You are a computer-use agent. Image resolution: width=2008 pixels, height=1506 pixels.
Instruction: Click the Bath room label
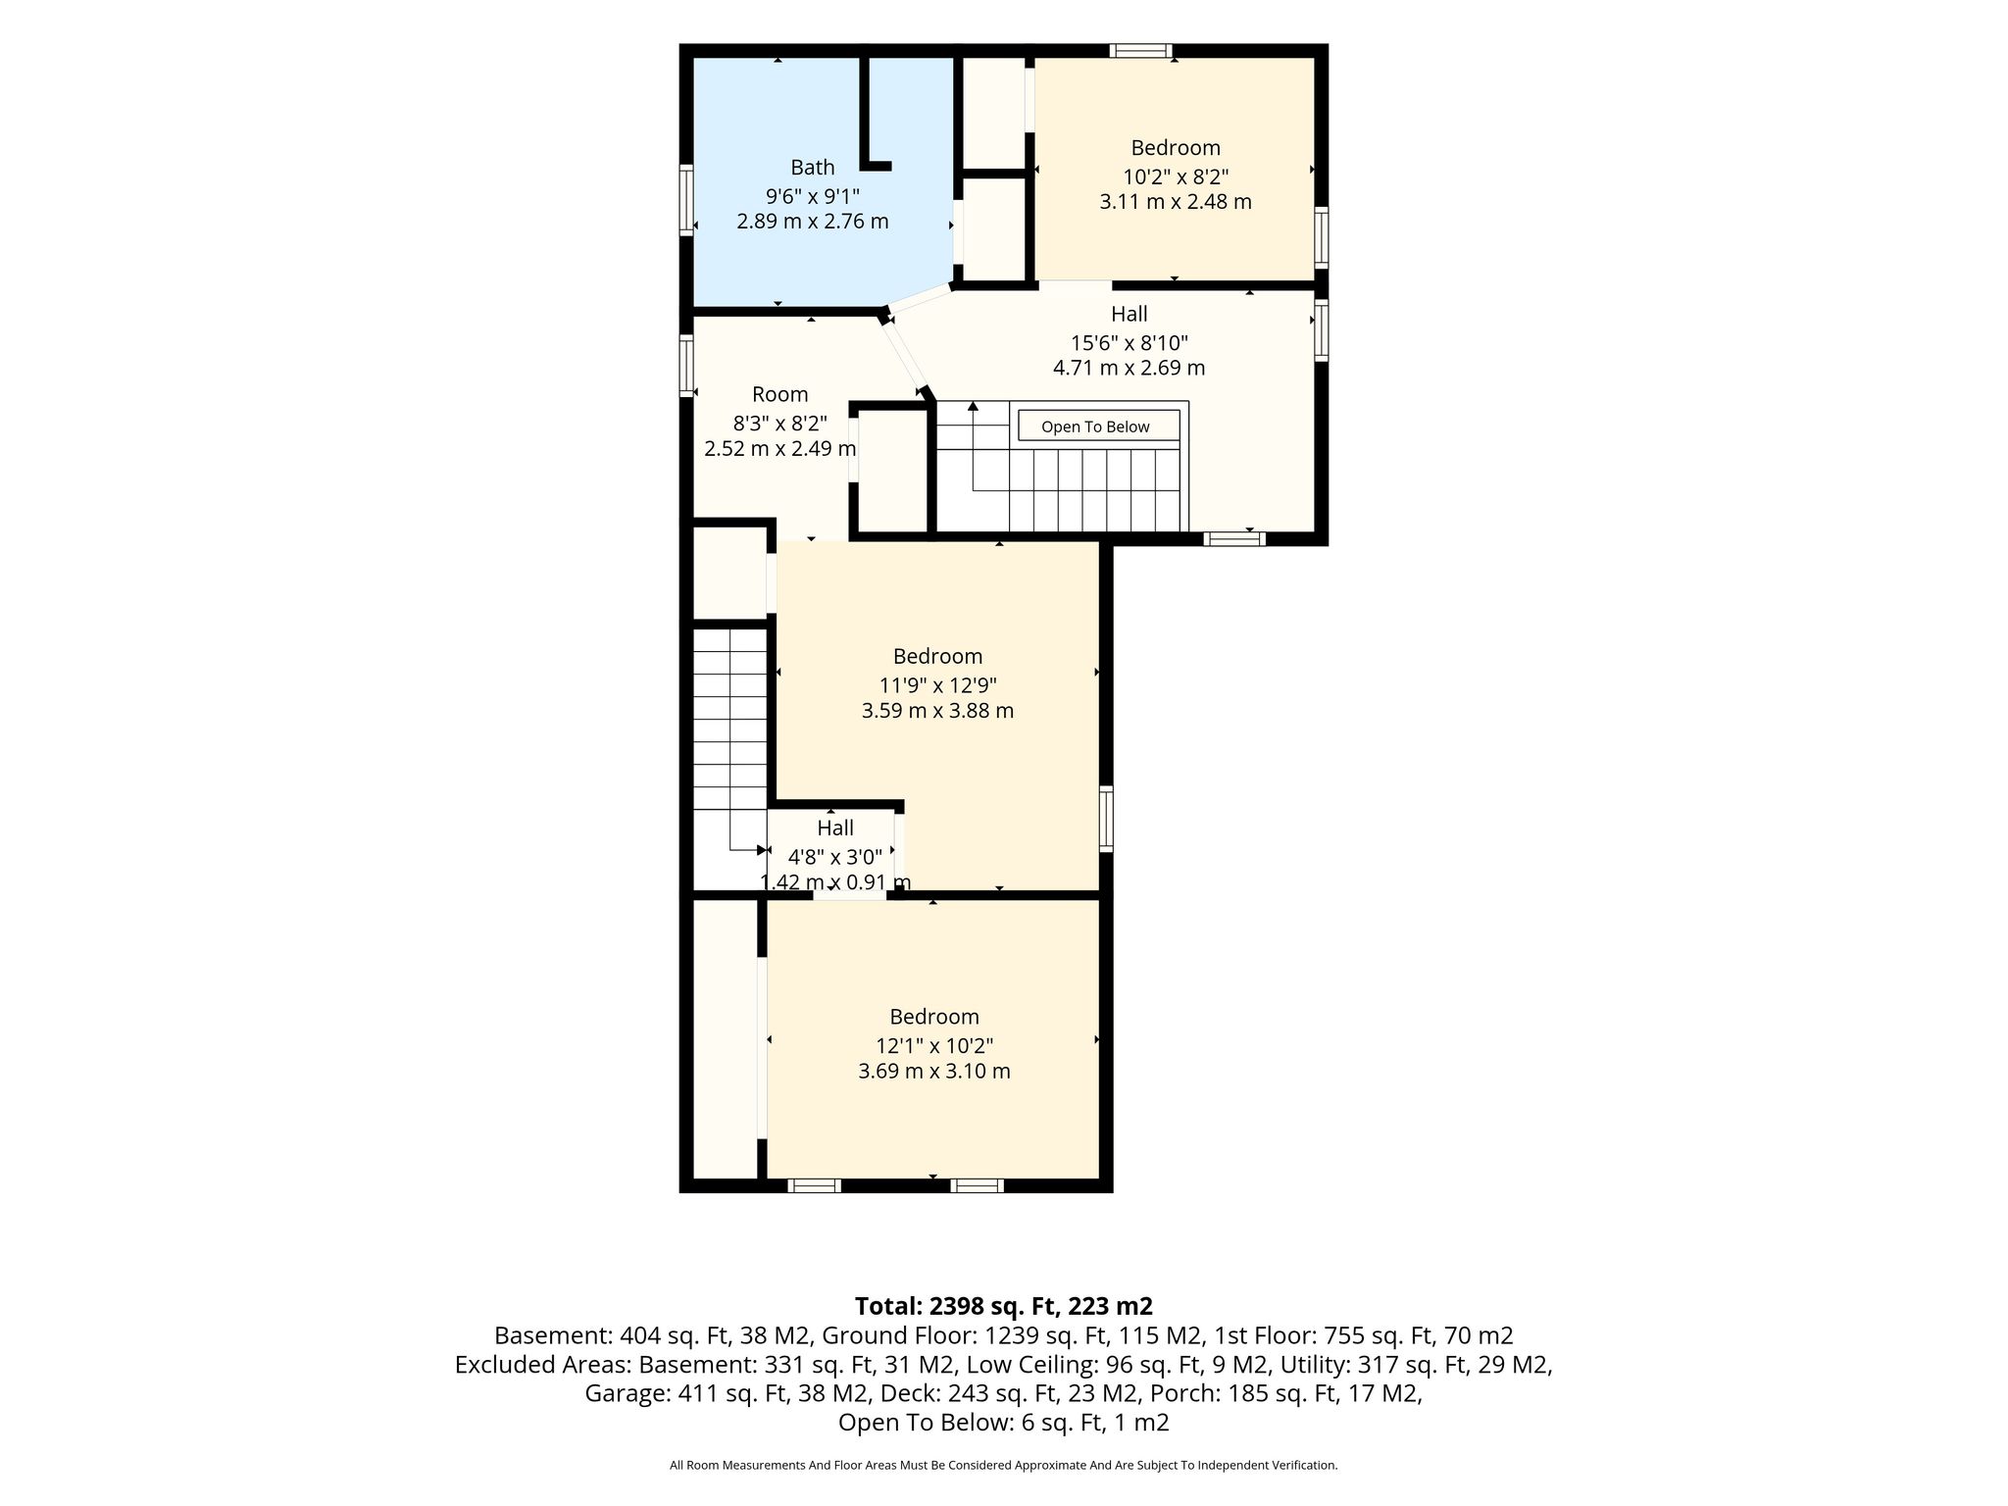813,168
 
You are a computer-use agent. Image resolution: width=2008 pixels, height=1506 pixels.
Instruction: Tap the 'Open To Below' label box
1098,426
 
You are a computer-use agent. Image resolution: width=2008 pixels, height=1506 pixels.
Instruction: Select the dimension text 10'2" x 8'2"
1176,176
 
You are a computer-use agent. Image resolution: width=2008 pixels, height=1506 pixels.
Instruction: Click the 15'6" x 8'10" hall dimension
1129,343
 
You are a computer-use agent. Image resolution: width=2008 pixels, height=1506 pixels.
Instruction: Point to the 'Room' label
780,394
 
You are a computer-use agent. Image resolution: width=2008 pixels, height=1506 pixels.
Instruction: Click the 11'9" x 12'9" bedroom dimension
938,685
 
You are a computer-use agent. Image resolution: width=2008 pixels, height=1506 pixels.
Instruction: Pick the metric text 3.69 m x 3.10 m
934,1071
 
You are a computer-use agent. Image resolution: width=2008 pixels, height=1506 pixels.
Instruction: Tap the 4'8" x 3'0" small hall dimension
835,857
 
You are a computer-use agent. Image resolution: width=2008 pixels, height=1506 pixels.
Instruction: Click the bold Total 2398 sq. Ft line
1004,1306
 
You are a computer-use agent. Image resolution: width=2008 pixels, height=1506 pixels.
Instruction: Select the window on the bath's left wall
687,200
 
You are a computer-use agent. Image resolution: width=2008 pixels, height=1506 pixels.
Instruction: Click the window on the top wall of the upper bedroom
1141,51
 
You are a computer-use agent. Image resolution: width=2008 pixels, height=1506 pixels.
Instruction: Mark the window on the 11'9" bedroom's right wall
1106,818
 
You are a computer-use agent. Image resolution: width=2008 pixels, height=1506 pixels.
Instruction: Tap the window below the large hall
1234,538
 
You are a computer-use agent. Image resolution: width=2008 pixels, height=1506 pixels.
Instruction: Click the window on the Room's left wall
687,366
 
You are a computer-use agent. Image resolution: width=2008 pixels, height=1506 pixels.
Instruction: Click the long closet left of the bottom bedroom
725,1039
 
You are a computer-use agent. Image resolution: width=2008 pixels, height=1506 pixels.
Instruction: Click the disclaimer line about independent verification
1004,1466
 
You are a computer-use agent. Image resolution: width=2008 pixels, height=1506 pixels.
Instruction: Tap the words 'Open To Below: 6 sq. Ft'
971,1423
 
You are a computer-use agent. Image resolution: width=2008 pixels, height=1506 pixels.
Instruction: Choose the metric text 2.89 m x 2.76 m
813,221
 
